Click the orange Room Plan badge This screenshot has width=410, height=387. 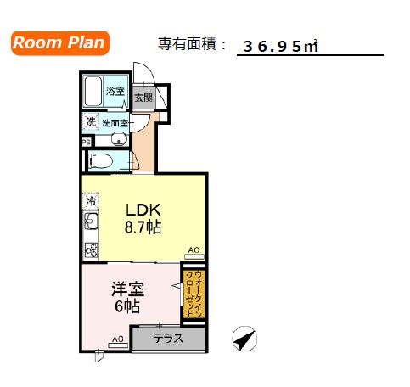point(60,43)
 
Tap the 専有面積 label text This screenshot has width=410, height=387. point(187,43)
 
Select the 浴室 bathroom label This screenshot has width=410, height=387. point(115,92)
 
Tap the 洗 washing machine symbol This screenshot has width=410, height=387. point(90,122)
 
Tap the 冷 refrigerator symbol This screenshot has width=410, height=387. point(89,202)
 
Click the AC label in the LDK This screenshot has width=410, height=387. point(194,250)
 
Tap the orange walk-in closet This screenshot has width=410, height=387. point(194,293)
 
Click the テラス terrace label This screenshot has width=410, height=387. point(168,339)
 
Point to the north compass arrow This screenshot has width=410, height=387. point(245,339)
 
